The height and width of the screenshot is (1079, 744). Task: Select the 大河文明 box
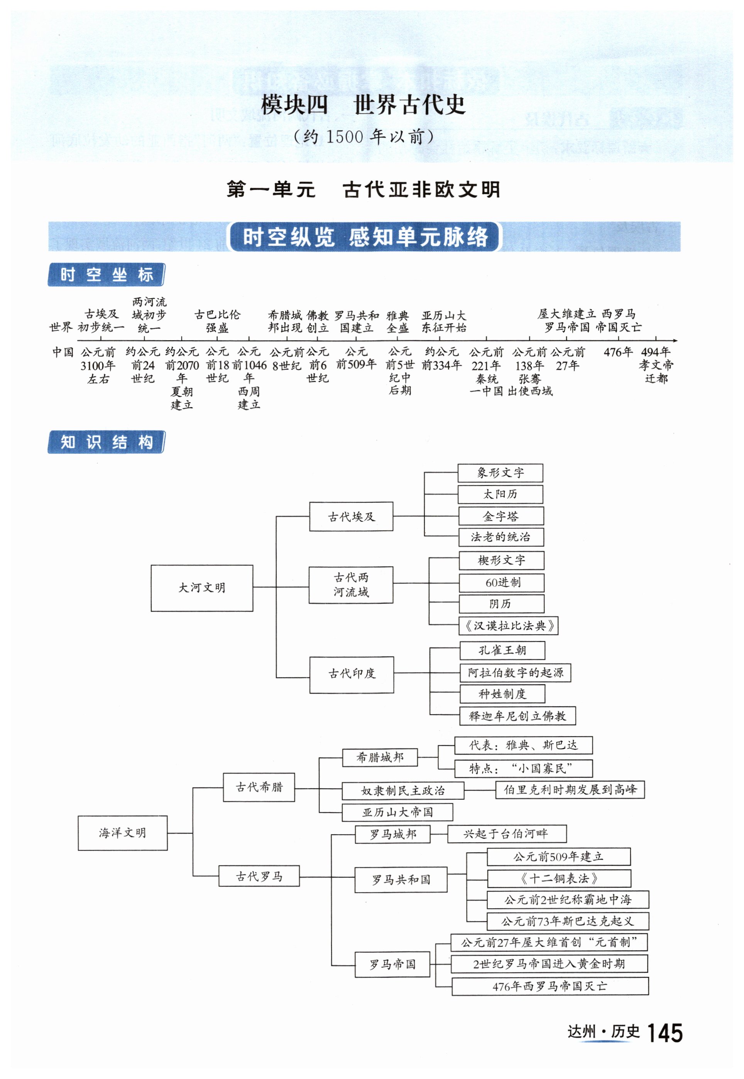[202, 588]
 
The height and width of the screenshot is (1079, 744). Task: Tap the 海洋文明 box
[123, 833]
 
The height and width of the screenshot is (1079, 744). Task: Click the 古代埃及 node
[351, 516]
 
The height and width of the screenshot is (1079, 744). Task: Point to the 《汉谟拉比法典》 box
[509, 626]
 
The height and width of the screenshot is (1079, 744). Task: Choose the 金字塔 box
[501, 516]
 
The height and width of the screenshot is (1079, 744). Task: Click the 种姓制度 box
[502, 694]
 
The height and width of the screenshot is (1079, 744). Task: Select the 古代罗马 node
[259, 876]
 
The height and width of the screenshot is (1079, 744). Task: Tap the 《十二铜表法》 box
[559, 879]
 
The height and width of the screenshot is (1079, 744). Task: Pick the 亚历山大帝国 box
[397, 812]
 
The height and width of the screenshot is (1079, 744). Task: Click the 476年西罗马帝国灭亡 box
[550, 986]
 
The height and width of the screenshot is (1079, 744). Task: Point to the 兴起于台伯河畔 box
[507, 834]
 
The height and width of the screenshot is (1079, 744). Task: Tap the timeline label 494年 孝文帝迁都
[656, 365]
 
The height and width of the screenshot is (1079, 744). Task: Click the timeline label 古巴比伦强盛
[217, 321]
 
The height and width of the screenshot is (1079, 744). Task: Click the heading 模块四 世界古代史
[363, 105]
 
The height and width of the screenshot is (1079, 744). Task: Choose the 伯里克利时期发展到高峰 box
[570, 789]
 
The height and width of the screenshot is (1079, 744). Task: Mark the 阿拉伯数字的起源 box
[515, 673]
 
